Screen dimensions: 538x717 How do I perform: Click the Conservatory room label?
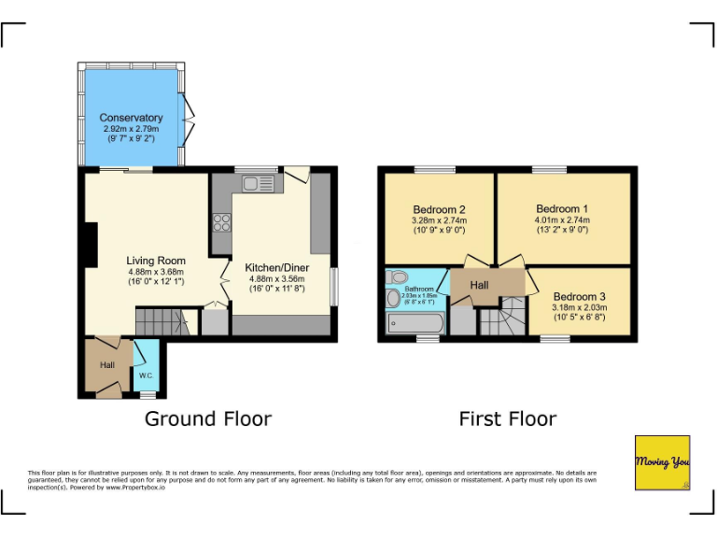coord(132,118)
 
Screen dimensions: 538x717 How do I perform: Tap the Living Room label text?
coord(156,261)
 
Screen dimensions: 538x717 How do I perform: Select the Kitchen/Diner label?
coord(277,268)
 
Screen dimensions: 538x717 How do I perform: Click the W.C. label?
coord(147,375)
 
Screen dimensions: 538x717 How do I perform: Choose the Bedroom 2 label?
coord(438,209)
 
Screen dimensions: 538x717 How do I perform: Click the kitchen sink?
coord(257,184)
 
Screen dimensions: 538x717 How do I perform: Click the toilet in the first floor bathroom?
coord(397,276)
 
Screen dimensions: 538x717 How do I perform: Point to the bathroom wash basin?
coord(392,298)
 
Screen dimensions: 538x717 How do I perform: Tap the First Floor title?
coord(507,418)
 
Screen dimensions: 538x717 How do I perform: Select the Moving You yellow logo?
coord(662,462)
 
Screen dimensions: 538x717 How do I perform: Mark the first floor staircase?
coord(502,319)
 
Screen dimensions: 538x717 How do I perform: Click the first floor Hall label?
coord(479,285)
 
